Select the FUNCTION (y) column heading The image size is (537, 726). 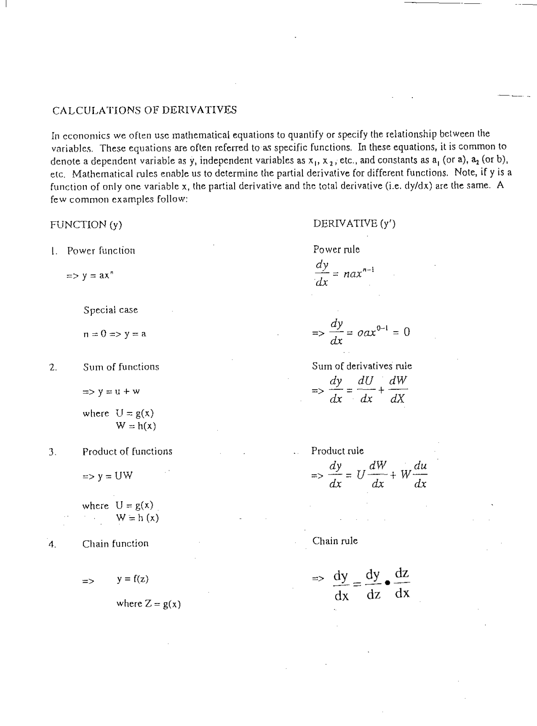(86, 225)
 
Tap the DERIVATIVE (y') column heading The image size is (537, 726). (354, 223)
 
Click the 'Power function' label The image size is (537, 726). (101, 251)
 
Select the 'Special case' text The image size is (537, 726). (110, 310)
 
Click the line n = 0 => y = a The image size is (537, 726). (115, 334)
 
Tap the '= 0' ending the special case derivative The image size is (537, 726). (401, 332)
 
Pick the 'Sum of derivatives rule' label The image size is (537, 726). (362, 366)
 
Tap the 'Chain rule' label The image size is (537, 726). (335, 541)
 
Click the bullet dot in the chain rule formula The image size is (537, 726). (387, 583)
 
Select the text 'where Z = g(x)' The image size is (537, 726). (149, 604)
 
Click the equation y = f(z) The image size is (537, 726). (133, 579)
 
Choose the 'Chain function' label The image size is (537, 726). (115, 544)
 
